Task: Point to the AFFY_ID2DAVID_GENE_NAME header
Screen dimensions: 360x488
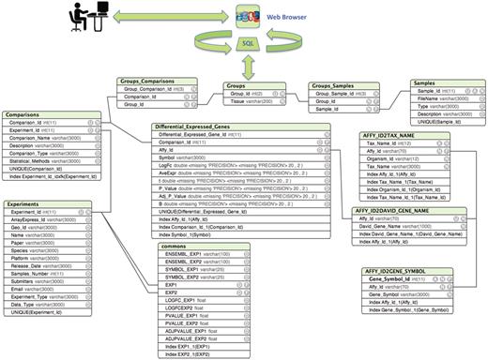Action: [392, 212]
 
